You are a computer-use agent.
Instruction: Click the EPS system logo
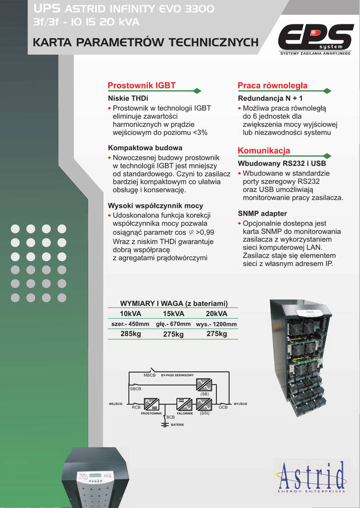pyautogui.click(x=315, y=39)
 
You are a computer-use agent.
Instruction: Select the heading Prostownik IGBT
pyautogui.click(x=142, y=85)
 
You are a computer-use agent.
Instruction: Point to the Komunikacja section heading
pyautogui.click(x=264, y=150)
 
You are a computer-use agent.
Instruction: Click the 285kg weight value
pyautogui.click(x=131, y=334)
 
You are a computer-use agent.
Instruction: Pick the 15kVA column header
pyautogui.click(x=173, y=314)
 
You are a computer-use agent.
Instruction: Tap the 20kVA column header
pyautogui.click(x=216, y=314)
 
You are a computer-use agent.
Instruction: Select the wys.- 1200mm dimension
pyautogui.click(x=216, y=324)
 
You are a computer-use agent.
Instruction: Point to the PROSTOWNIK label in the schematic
pyautogui.click(x=151, y=413)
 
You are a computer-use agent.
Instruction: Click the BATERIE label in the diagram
pyautogui.click(x=177, y=425)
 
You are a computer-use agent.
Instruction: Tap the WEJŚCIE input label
pyautogui.click(x=116, y=404)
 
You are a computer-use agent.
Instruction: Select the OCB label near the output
pyautogui.click(x=223, y=407)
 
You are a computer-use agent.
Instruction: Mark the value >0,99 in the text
pyautogui.click(x=205, y=232)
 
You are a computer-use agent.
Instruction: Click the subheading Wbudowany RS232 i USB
pyautogui.click(x=282, y=163)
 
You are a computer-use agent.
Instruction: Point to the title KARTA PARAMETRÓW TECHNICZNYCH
pyautogui.click(x=145, y=43)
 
